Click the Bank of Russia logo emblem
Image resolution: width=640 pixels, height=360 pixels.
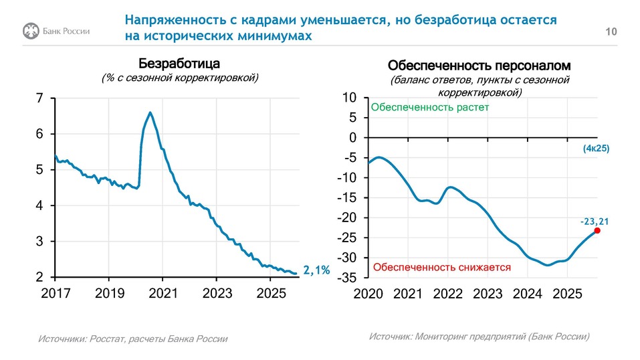point(30,31)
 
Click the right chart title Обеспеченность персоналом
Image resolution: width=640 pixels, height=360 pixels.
point(479,66)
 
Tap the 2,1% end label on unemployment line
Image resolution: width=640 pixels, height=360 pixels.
point(316,270)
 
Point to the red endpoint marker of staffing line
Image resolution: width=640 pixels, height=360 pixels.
point(597,230)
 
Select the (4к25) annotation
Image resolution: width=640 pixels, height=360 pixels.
point(596,149)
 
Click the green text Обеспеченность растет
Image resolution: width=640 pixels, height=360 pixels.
point(430,107)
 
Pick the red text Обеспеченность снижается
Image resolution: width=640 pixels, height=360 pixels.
point(441,267)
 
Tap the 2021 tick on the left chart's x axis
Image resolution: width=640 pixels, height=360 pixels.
point(163,293)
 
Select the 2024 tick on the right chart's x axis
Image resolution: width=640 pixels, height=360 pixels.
point(528,294)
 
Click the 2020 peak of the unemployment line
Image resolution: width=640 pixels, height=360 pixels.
point(150,112)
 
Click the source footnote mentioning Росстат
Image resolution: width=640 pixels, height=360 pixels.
point(132,339)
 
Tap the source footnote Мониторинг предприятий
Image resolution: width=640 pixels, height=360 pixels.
point(479,337)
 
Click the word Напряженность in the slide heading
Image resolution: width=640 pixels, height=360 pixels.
point(168,20)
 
